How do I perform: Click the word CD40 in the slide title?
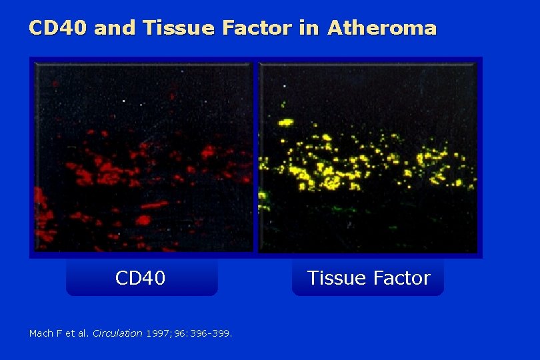pyautogui.click(x=59, y=28)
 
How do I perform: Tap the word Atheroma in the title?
pyautogui.click(x=381, y=28)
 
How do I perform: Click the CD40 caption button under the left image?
pyautogui.click(x=141, y=278)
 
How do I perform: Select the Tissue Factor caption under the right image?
pyautogui.click(x=368, y=278)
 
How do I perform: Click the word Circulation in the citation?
pyautogui.click(x=117, y=333)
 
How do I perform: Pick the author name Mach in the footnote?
pyautogui.click(x=39, y=333)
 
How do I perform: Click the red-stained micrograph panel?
pyautogui.click(x=143, y=157)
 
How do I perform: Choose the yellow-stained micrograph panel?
pyautogui.click(x=368, y=157)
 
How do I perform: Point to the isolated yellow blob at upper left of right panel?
pyautogui.click(x=286, y=122)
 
